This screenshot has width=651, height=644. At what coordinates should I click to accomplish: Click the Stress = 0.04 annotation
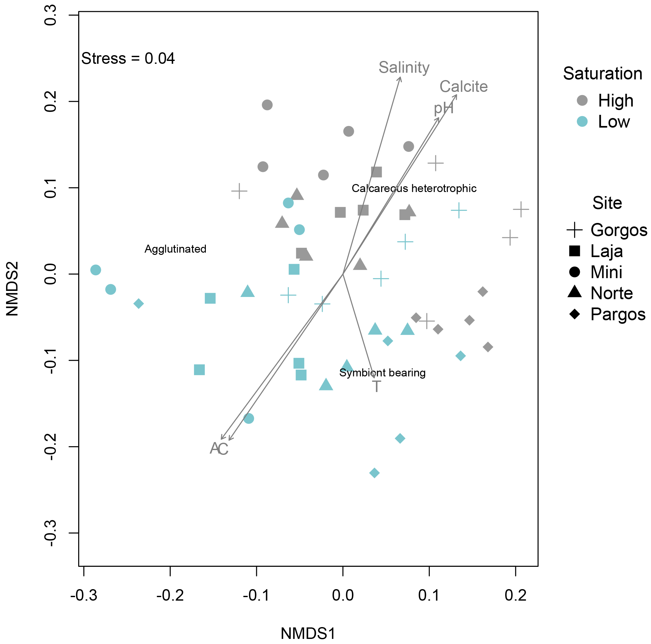tap(128, 59)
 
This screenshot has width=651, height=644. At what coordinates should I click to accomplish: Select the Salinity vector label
tap(404, 67)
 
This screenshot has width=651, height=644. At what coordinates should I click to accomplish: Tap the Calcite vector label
tap(463, 86)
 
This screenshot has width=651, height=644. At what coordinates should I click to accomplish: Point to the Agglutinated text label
tap(175, 249)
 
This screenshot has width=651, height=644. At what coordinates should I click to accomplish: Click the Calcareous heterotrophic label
tap(414, 188)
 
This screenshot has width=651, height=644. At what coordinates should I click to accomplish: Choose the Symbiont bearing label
tap(382, 373)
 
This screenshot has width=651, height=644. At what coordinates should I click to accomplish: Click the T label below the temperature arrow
tap(376, 386)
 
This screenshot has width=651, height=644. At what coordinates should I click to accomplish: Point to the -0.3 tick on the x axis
tap(84, 604)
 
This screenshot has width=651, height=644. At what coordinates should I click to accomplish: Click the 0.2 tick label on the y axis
tap(50, 101)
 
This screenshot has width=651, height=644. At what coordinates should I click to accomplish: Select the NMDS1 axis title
tap(308, 633)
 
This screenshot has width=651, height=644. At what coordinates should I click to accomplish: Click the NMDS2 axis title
tap(12, 289)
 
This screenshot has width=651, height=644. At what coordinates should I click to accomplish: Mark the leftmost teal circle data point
tap(96, 270)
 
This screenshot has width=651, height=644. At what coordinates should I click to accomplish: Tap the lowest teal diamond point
tap(374, 473)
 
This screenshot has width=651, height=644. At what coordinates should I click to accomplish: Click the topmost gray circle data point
tap(267, 105)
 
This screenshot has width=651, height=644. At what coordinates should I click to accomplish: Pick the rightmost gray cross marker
tap(521, 209)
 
